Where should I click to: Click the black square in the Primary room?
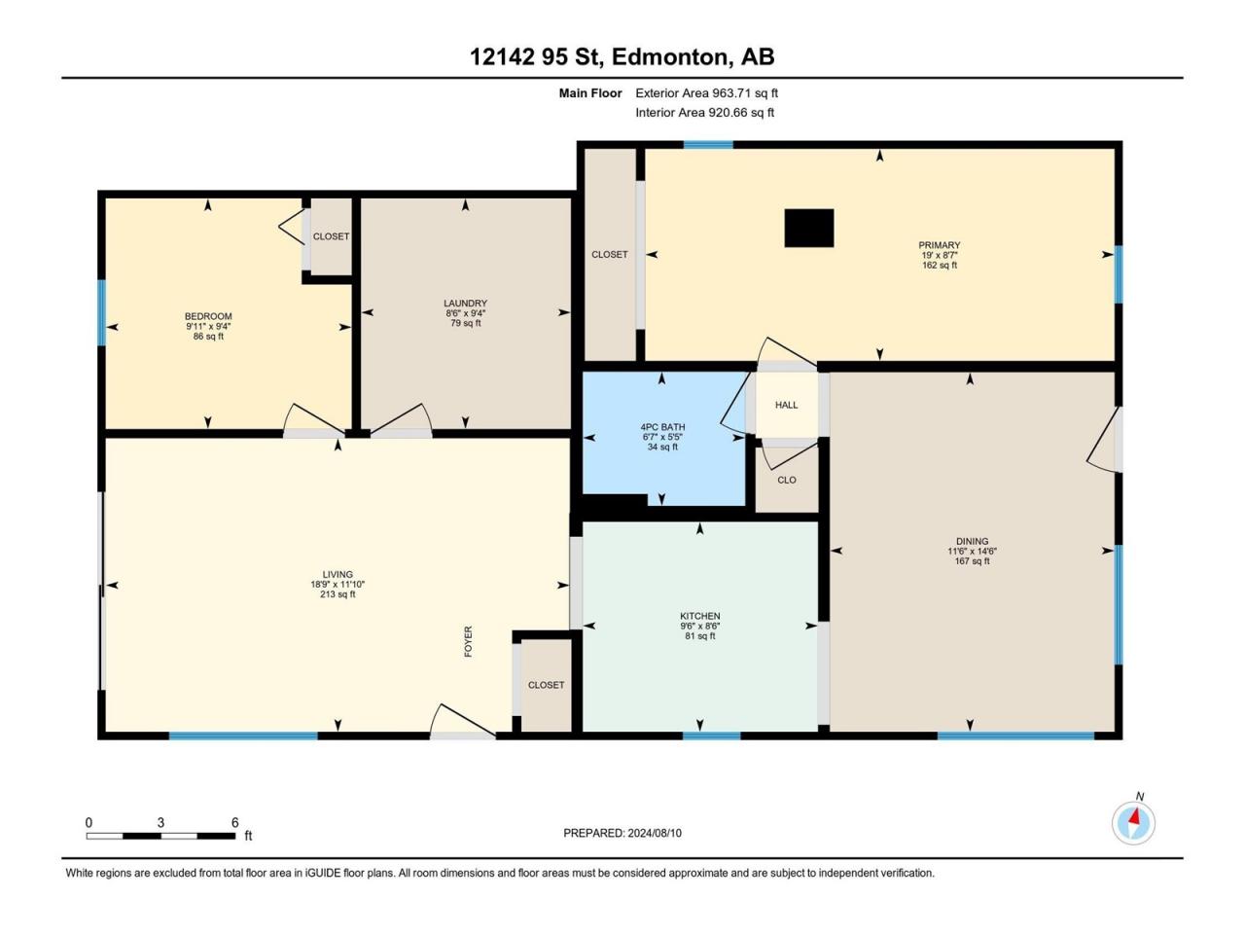(809, 228)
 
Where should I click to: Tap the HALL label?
(786, 405)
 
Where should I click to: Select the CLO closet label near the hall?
(787, 480)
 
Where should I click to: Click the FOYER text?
(468, 641)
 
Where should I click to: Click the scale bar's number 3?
(160, 823)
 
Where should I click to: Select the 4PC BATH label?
(662, 427)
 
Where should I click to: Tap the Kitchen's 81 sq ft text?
(700, 636)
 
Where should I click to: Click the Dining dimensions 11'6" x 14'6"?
(973, 552)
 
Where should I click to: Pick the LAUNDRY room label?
(465, 304)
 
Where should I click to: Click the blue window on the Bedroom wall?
(102, 312)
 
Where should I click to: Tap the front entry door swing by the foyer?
(463, 721)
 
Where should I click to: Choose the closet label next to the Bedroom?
(331, 236)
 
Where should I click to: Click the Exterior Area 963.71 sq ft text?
(707, 93)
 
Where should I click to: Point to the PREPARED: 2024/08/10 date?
(622, 833)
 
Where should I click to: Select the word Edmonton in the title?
(669, 56)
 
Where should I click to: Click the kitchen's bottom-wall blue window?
(711, 736)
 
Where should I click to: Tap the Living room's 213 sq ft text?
(338, 594)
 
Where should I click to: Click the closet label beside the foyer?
(546, 685)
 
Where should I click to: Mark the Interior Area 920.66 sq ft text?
(704, 112)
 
